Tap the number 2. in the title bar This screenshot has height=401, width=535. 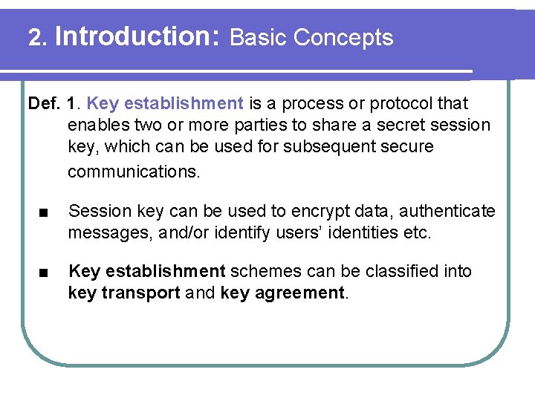coord(37,37)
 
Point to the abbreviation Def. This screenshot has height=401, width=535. coord(43,103)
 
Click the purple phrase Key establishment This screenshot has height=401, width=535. coord(175,103)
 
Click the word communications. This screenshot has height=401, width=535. coord(134,172)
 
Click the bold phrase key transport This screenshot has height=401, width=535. coord(123,293)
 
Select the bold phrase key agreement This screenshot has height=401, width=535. coord(283,293)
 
